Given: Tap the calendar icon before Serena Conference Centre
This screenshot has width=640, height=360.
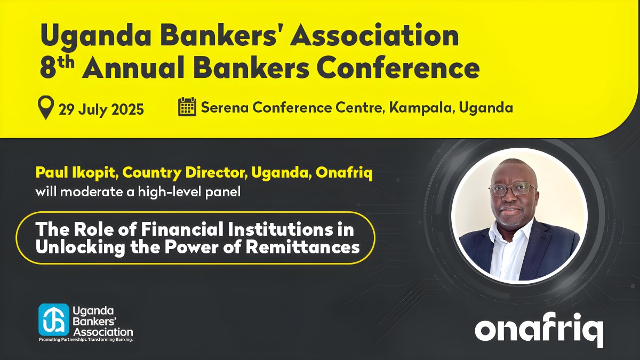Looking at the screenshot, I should point(187,107).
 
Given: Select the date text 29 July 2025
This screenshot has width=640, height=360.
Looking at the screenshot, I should point(101,109).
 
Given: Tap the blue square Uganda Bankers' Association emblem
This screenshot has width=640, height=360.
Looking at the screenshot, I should point(54,319).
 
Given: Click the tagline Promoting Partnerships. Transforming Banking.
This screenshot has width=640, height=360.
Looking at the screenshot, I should point(86,339).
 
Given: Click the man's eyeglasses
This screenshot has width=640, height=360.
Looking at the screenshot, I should point(512,189).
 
